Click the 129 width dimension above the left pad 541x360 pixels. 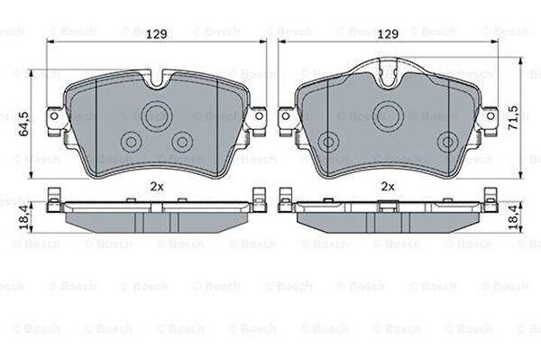[157, 34]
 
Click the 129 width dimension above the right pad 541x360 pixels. [388, 34]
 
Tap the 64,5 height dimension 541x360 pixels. [24, 124]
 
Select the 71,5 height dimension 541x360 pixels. [514, 117]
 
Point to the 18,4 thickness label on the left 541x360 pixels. [24, 217]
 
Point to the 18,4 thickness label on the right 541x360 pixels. [514, 217]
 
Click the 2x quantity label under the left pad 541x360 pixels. [157, 187]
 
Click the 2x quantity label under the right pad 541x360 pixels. [388, 187]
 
